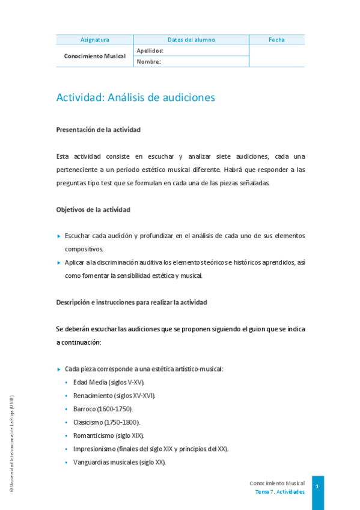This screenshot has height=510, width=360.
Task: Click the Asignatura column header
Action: (x=94, y=40)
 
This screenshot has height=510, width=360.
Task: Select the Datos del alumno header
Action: (x=191, y=40)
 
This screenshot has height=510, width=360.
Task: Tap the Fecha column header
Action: (x=276, y=40)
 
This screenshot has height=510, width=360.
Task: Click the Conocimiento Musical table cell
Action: (x=94, y=56)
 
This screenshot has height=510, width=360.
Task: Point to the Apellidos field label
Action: (x=150, y=51)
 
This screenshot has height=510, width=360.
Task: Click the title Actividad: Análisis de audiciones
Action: (x=135, y=97)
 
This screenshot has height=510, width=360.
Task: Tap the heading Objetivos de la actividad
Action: (x=93, y=209)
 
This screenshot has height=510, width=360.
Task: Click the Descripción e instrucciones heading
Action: (x=131, y=302)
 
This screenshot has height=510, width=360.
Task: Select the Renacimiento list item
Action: (x=114, y=396)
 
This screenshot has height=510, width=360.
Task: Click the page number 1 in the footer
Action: (x=317, y=486)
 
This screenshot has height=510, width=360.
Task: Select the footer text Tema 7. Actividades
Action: (x=279, y=491)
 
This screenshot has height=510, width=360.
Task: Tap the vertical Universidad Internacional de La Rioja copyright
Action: (x=11, y=444)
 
